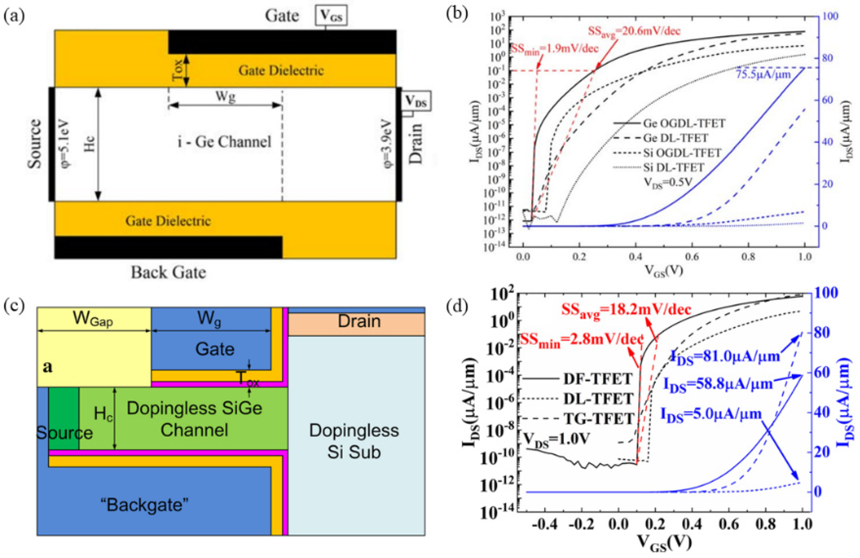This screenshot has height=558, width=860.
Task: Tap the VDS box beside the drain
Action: (x=416, y=101)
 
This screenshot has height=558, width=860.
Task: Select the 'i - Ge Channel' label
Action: (x=224, y=142)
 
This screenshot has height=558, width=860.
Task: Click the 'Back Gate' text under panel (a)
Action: (x=168, y=272)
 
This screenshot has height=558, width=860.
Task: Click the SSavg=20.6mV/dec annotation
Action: (x=634, y=31)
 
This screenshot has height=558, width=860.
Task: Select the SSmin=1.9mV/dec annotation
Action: (x=555, y=49)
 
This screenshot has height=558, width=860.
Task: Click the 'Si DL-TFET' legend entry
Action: (x=674, y=167)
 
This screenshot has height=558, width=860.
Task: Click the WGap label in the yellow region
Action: (x=93, y=319)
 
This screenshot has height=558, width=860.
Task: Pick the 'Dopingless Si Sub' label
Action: (x=354, y=441)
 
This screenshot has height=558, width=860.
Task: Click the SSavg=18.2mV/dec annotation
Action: (x=626, y=310)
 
